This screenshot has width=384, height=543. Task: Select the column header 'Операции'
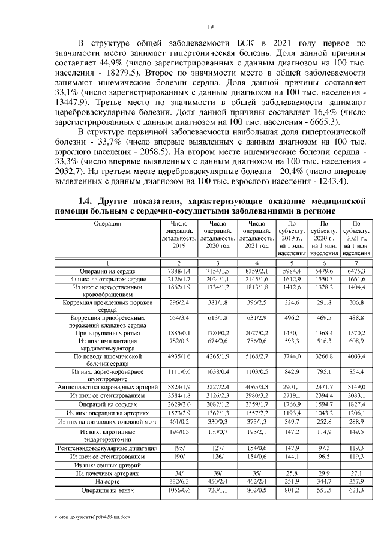(108, 223)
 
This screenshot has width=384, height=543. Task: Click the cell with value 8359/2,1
(256, 271)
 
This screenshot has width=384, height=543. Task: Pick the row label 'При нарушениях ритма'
(107, 332)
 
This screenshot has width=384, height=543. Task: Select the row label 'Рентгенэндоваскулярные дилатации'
(108, 447)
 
